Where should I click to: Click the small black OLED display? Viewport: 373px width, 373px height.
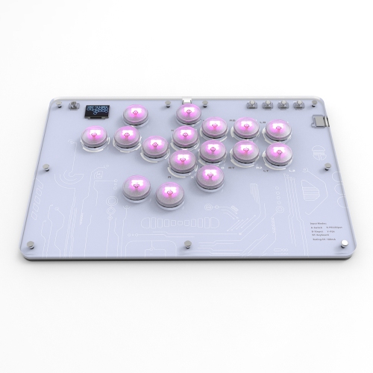98,110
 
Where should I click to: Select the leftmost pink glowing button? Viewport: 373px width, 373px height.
94,136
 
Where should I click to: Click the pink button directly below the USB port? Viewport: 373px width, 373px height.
187,113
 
